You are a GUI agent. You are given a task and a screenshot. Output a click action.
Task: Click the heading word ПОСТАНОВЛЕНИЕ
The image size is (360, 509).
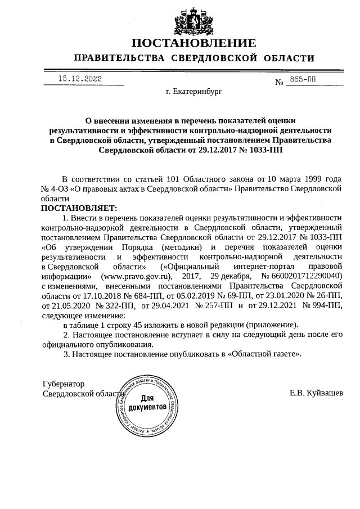tap(194, 44)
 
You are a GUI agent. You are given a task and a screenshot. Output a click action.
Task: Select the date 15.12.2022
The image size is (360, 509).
tap(80, 79)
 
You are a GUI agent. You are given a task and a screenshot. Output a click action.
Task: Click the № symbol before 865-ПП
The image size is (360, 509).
tap(279, 83)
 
